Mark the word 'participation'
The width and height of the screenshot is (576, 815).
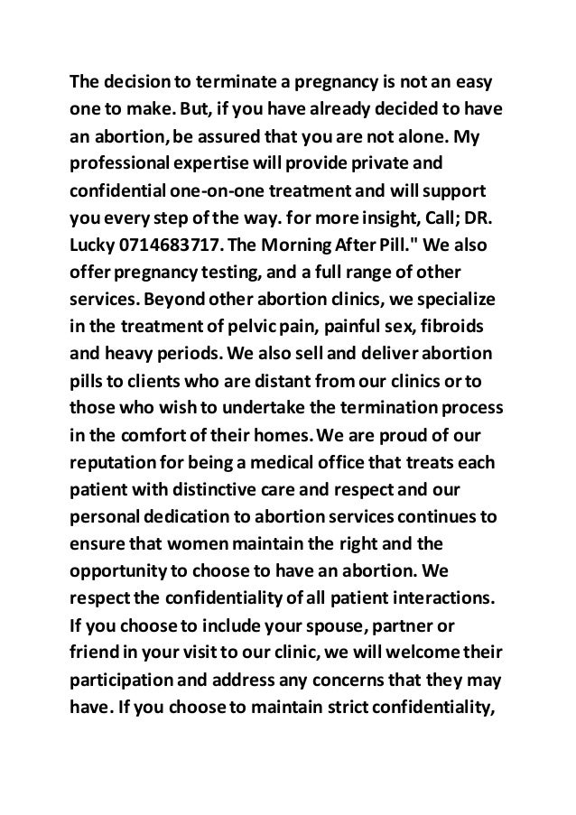point(121,681)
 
